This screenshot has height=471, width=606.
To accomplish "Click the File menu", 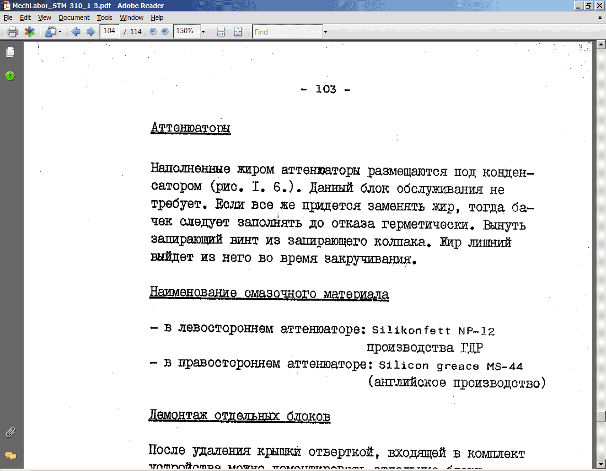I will [8, 18].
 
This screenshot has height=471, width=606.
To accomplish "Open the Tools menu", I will [104, 18].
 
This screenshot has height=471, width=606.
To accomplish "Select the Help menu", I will [157, 18].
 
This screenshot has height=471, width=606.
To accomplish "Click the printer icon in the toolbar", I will [13, 32].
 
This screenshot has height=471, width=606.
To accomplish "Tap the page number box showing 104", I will [109, 31].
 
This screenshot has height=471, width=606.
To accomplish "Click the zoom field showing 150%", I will [186, 31].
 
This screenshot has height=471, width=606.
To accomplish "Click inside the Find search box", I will [287, 32].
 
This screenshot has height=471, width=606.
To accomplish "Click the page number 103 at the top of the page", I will [326, 89].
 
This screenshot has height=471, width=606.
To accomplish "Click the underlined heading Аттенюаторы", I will [190, 128].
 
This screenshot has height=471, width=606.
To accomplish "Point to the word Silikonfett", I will [411, 330].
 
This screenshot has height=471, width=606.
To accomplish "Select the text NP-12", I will [476, 331].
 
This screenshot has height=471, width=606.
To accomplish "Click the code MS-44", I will [505, 366].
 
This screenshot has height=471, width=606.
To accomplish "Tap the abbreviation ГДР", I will [472, 348].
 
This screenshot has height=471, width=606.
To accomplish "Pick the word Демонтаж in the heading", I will [178, 416].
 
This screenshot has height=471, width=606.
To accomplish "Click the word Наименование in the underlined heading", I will [193, 292].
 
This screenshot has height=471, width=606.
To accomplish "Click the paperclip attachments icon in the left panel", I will [10, 432].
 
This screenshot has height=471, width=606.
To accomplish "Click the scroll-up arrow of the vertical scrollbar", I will [601, 44].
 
